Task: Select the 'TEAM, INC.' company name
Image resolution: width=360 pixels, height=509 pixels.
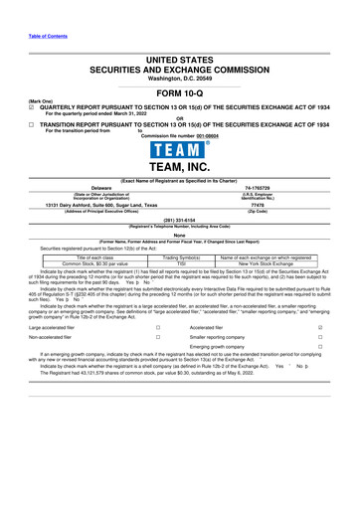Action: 180,171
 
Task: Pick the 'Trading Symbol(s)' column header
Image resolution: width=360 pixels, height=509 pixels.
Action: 181,256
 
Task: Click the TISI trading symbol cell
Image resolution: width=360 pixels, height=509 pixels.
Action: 181,262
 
